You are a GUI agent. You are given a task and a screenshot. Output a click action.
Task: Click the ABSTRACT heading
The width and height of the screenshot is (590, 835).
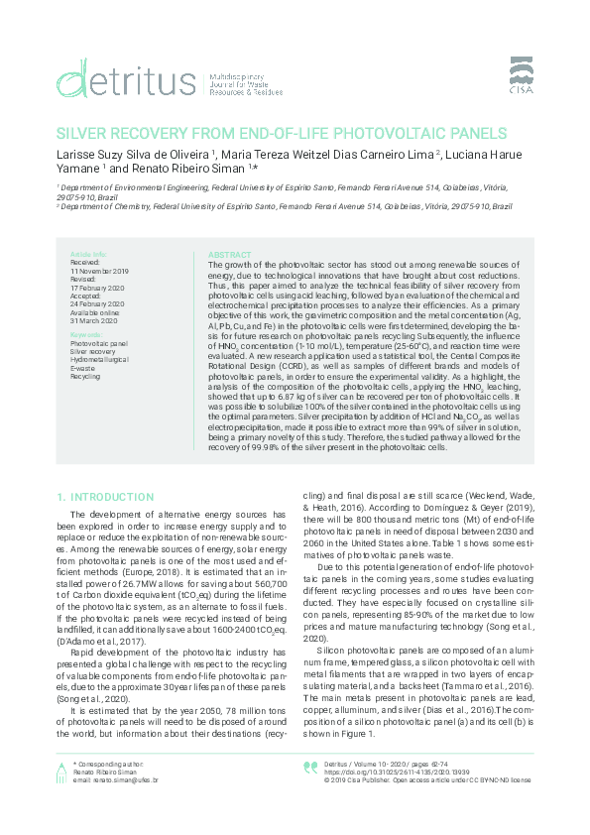click(231, 255)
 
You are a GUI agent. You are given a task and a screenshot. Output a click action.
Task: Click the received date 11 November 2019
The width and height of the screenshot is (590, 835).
click(99, 271)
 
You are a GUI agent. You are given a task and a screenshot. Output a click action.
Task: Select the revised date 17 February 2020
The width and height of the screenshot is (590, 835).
click(97, 288)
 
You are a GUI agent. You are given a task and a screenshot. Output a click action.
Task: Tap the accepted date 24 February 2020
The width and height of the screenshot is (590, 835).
click(97, 304)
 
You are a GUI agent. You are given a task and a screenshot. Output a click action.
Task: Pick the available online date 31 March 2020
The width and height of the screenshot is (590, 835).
click(92, 321)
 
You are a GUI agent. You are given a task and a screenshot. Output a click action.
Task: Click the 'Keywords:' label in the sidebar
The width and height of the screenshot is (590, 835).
click(86, 336)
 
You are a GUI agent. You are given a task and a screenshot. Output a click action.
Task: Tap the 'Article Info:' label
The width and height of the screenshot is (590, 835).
click(88, 255)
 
